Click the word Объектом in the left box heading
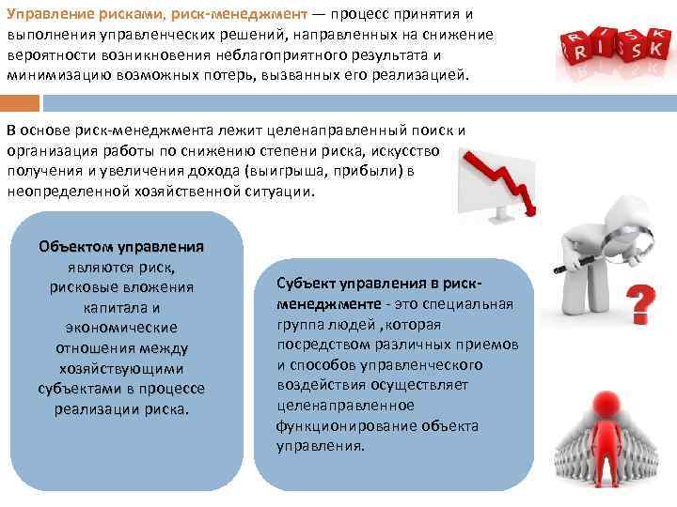click(x=75, y=248)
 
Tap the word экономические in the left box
click(x=121, y=328)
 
